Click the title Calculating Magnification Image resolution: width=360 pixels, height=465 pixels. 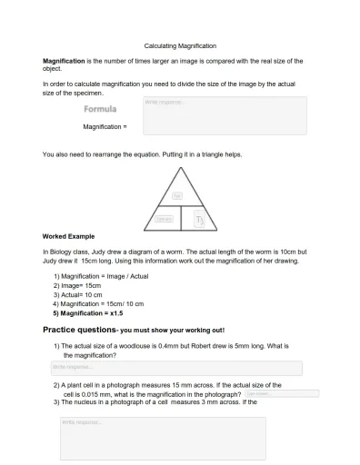(180, 45)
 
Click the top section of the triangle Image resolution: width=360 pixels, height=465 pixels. (179, 194)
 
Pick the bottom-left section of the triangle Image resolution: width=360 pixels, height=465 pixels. (165, 219)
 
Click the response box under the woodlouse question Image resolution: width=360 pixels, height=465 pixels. (175, 368)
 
